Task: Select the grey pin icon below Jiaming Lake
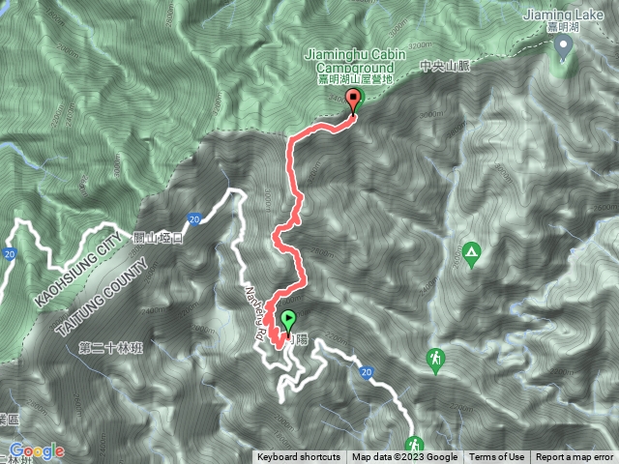(562, 51)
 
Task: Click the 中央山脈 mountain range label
(444, 69)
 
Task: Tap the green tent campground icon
(471, 254)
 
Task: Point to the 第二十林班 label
(112, 347)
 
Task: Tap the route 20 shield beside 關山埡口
(193, 218)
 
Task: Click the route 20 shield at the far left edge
(9, 253)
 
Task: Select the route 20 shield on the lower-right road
(366, 372)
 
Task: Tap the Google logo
(36, 451)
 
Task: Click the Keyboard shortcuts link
(299, 457)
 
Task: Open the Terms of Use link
(497, 457)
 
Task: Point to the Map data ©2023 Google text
(404, 457)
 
